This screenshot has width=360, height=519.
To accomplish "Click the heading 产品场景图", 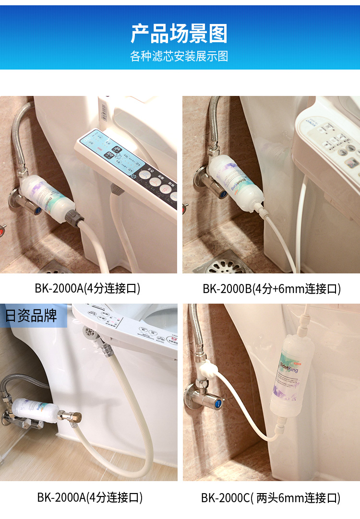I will [179, 34].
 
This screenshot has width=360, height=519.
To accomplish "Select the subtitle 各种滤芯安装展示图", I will [179, 57].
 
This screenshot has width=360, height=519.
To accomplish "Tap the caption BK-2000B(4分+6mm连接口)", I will [271, 289].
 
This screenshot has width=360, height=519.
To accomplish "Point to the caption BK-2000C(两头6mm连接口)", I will [271, 498].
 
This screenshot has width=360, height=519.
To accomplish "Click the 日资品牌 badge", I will [31, 316].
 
